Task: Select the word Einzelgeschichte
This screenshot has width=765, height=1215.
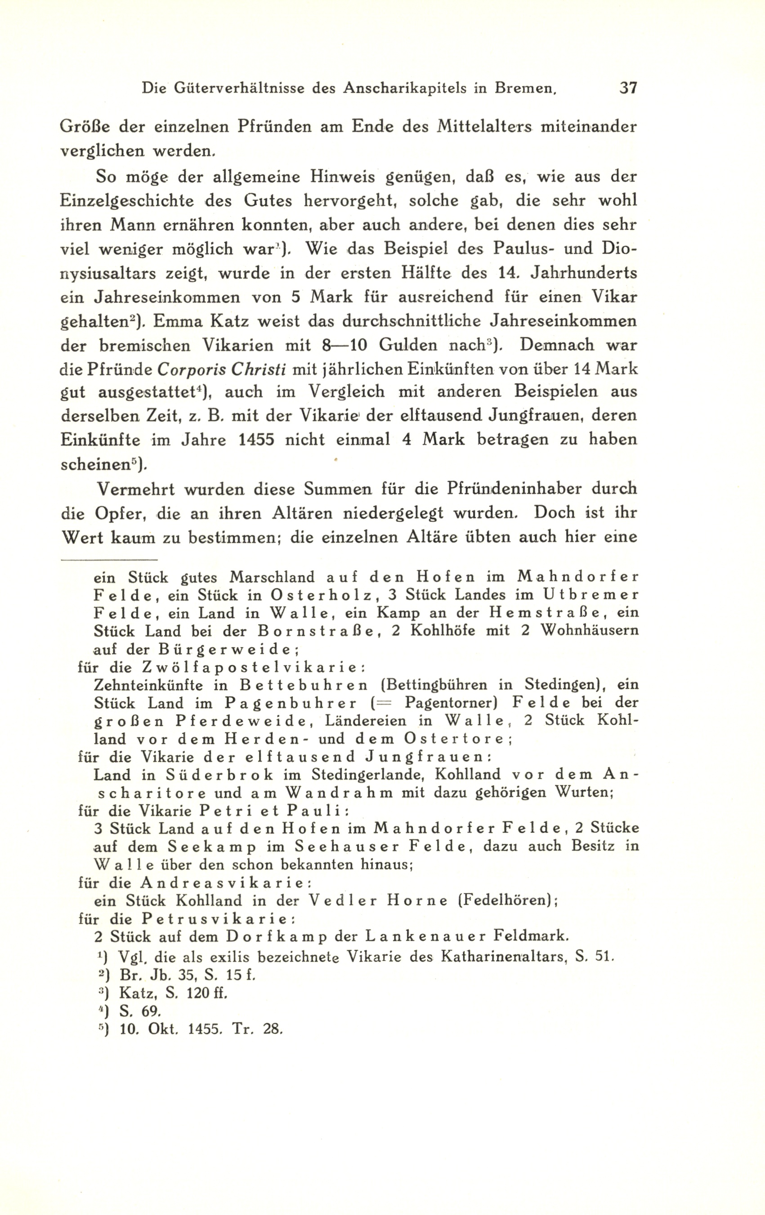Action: (x=127, y=201)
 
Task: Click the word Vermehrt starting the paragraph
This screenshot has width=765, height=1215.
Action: (x=136, y=489)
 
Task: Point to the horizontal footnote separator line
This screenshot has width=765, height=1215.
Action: (x=108, y=559)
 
